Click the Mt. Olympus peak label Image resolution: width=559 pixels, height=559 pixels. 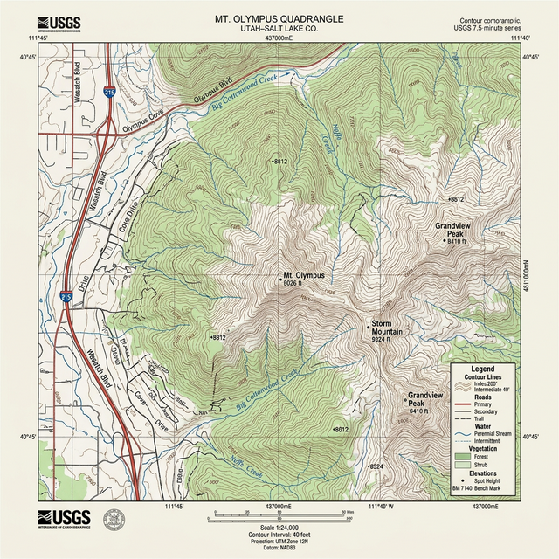point(303,275)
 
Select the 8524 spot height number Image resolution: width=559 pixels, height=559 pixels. point(377,467)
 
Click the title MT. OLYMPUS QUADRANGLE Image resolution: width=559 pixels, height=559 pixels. point(279,18)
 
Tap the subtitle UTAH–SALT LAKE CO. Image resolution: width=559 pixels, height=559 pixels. point(279,29)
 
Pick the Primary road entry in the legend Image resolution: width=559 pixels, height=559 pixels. point(485,404)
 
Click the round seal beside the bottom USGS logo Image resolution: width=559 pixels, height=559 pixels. point(114,521)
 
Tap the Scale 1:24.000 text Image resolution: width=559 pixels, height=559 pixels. point(279,528)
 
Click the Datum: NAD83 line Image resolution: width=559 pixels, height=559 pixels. point(279,549)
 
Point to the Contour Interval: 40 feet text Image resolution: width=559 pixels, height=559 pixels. point(279,535)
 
